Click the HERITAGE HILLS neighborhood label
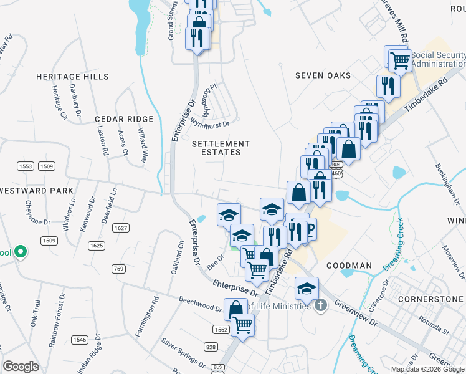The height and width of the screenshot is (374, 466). (72, 77)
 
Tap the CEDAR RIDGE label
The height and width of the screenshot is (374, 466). (124, 119)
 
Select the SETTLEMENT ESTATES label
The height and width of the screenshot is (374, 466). (216, 148)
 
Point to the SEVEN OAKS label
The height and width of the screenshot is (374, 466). (323, 75)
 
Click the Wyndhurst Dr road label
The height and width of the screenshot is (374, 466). (210, 123)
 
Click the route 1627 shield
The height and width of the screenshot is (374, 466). (121, 228)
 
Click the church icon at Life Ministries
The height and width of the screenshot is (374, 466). (321, 306)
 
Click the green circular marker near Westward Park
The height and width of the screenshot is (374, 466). (21, 252)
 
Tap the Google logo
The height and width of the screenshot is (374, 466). (21, 367)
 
